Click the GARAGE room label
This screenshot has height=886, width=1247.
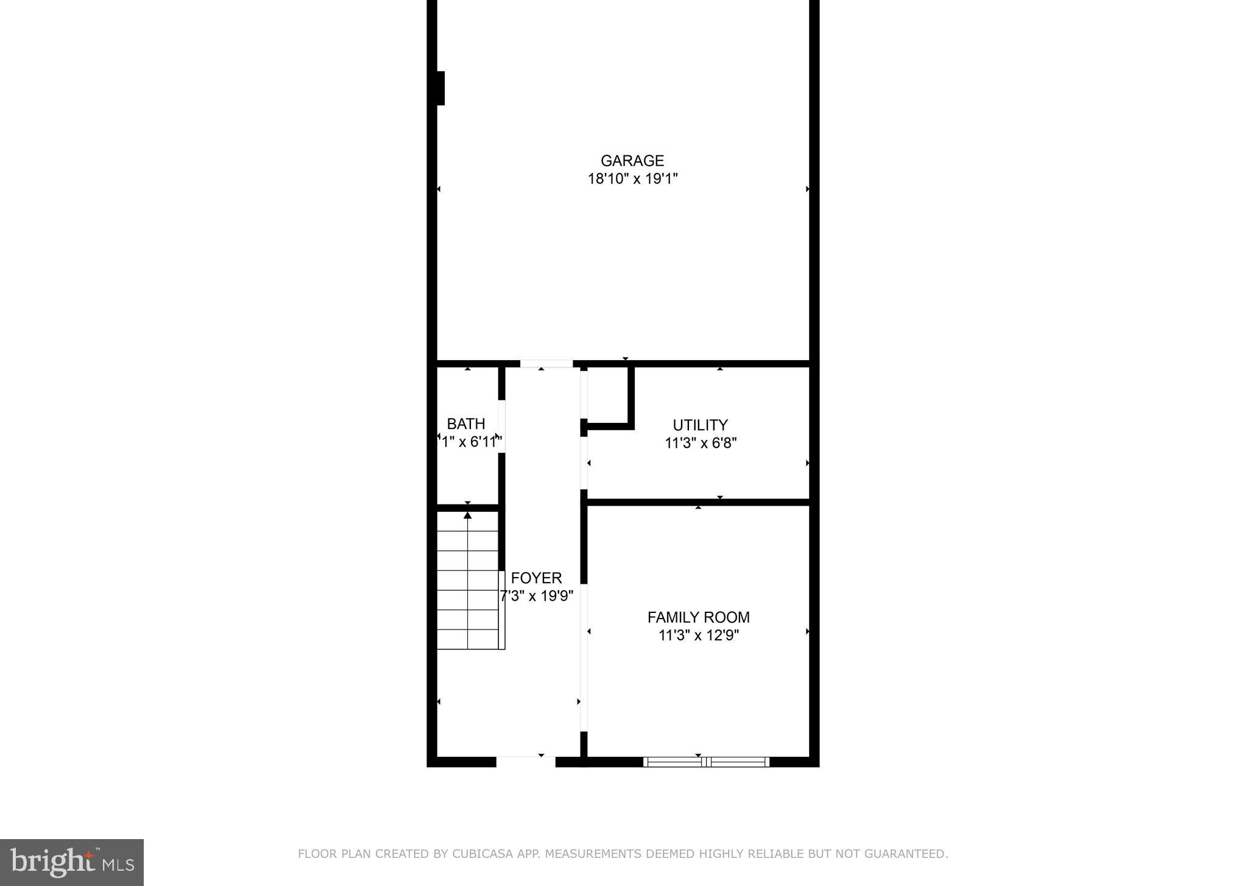click(632, 161)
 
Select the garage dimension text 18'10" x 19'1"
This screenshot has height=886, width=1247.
click(632, 179)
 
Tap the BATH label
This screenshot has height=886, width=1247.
click(466, 424)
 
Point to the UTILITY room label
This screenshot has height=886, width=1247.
click(700, 425)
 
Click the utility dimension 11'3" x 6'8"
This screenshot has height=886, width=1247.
click(701, 443)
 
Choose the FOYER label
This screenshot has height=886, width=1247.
click(536, 578)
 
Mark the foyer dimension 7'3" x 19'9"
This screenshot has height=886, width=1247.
click(537, 596)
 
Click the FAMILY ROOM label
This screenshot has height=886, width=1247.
click(698, 617)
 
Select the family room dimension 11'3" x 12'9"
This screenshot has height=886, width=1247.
click(698, 636)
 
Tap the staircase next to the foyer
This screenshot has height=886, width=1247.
click(468, 590)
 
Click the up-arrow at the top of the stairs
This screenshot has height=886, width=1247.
click(468, 516)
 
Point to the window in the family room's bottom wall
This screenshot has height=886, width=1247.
click(706, 762)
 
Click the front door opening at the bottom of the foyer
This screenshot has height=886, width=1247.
click(526, 761)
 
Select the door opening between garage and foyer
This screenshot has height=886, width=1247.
click(546, 364)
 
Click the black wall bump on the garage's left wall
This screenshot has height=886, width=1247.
click(440, 88)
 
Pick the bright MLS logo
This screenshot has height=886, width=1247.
click(72, 862)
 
